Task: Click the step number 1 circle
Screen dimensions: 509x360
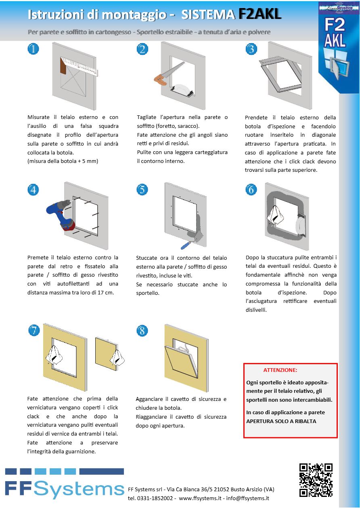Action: click(x=33, y=49)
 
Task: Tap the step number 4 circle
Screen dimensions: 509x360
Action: click(x=33, y=190)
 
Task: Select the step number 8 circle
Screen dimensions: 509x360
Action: click(x=142, y=331)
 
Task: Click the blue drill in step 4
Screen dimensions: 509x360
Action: click(x=61, y=214)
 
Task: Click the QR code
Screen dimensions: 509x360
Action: click(x=316, y=480)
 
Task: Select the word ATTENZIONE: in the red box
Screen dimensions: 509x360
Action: click(x=280, y=370)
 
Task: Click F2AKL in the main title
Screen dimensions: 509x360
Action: click(x=260, y=15)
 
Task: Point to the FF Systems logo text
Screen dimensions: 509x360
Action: click(x=65, y=488)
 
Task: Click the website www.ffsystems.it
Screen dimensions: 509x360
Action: click(x=200, y=498)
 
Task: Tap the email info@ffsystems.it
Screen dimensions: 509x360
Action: click(x=247, y=498)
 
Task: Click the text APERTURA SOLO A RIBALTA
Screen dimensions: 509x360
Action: click(x=281, y=421)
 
